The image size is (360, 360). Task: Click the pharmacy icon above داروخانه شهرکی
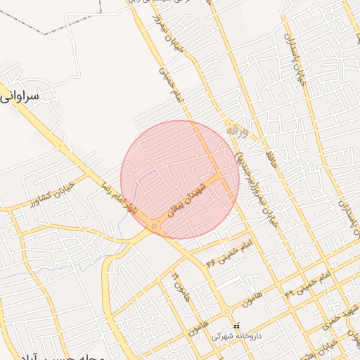236,326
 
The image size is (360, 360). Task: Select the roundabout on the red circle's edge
154,226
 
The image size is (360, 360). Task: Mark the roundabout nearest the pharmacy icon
226,311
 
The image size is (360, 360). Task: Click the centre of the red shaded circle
180,179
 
